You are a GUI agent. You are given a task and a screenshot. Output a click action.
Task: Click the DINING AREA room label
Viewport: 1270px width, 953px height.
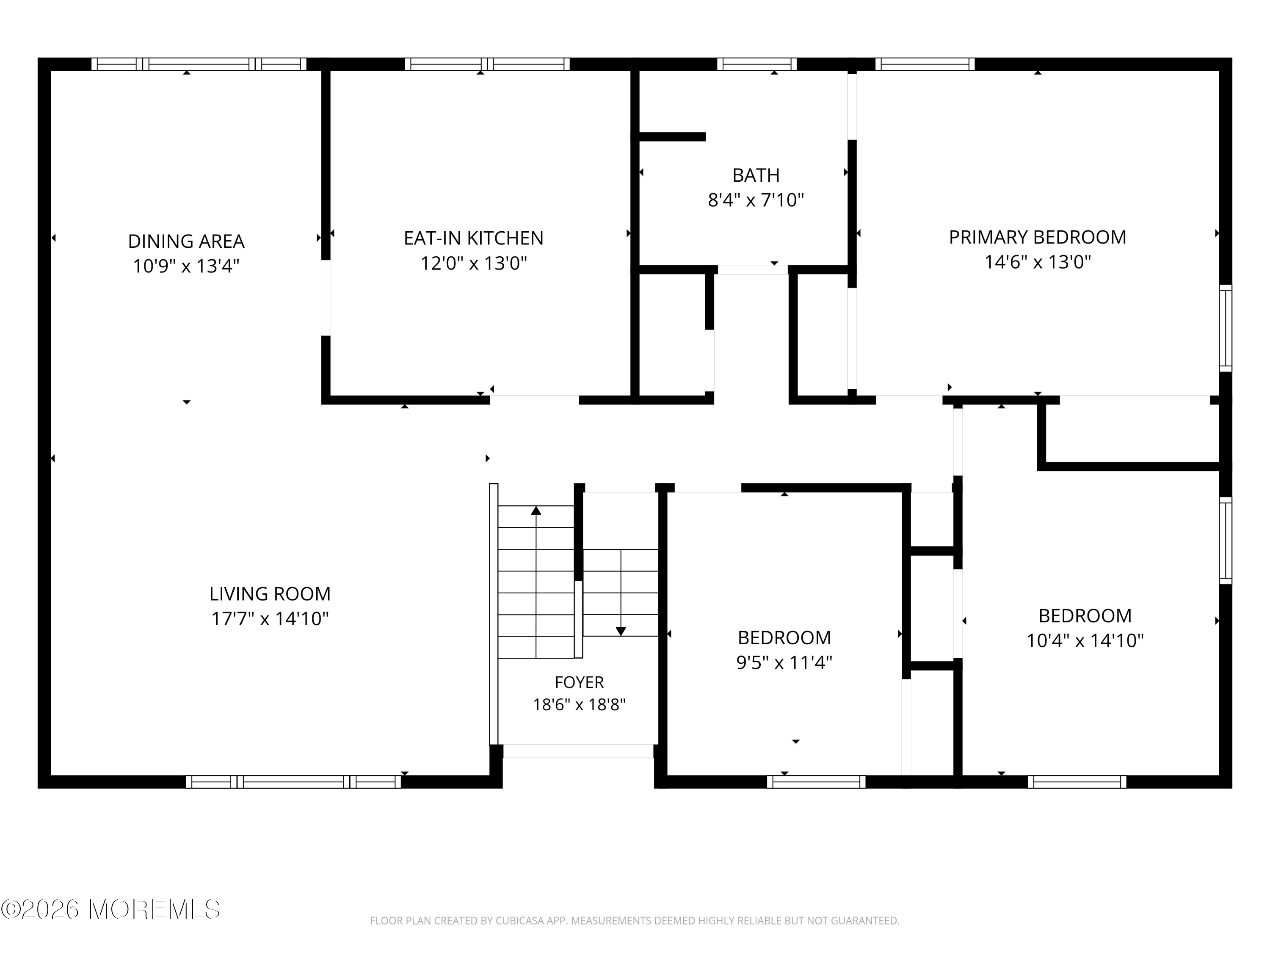186,241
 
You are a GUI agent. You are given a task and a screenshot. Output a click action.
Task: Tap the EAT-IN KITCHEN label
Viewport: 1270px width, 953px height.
473,238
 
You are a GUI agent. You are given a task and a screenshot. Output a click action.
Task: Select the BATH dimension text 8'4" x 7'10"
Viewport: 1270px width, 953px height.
756,200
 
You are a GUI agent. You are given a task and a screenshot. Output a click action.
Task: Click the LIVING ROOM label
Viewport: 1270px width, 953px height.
270,593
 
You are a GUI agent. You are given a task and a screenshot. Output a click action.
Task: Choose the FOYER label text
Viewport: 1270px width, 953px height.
579,682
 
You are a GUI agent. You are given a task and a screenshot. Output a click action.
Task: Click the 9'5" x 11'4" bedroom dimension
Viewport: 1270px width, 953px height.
784,662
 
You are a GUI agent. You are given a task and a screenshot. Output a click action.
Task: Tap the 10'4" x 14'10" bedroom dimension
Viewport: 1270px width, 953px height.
1085,640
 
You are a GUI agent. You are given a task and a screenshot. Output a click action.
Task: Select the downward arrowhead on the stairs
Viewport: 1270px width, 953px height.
621,632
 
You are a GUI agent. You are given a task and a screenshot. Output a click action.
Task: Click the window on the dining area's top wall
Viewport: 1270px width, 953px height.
199,64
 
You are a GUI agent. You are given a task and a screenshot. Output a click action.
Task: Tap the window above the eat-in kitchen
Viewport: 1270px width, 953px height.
487,64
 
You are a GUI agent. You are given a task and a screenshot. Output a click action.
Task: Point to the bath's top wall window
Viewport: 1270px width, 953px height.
757,64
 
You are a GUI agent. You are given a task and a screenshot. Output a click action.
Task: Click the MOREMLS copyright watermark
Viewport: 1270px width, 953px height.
111,909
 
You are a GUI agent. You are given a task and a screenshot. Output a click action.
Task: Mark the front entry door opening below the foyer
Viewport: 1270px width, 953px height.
578,751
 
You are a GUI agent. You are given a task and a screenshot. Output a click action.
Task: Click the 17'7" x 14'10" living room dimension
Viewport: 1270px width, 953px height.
270,619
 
